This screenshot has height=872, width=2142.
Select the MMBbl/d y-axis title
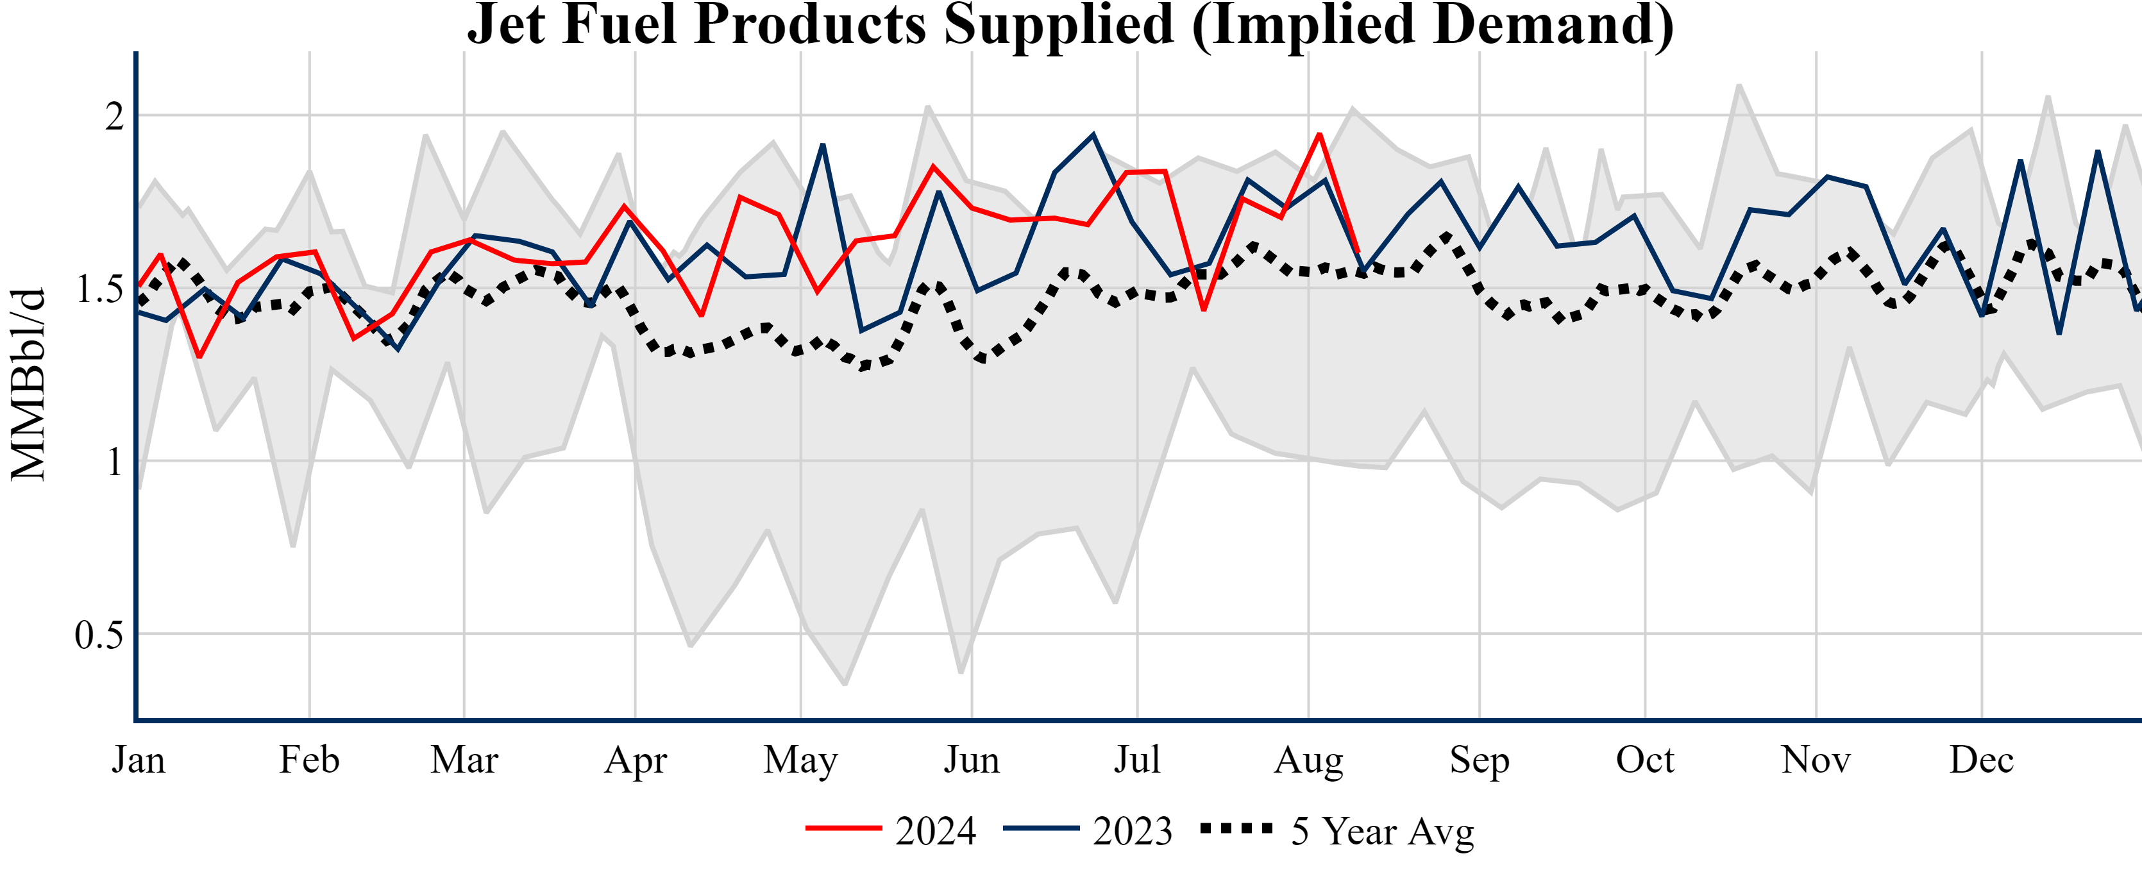pos(28,384)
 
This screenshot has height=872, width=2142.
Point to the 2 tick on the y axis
pos(114,115)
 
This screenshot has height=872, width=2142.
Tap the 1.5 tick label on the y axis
pos(99,289)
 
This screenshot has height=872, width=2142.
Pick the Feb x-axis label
pos(309,760)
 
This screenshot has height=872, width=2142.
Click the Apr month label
pos(636,760)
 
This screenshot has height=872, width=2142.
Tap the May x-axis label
pos(801,760)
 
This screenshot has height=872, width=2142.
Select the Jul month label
pos(1136,760)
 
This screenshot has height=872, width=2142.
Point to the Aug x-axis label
pos(1309,760)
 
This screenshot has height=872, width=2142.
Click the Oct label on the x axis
pos(1645,760)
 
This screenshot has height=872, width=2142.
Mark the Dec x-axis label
pos(1982,760)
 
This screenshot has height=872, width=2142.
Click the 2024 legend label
pos(936,830)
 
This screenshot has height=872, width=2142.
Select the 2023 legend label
pos(1133,830)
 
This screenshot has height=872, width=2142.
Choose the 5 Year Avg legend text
pos(1382,830)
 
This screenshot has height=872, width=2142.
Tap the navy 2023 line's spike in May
pos(822,145)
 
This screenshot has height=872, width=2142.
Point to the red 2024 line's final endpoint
pos(1357,251)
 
